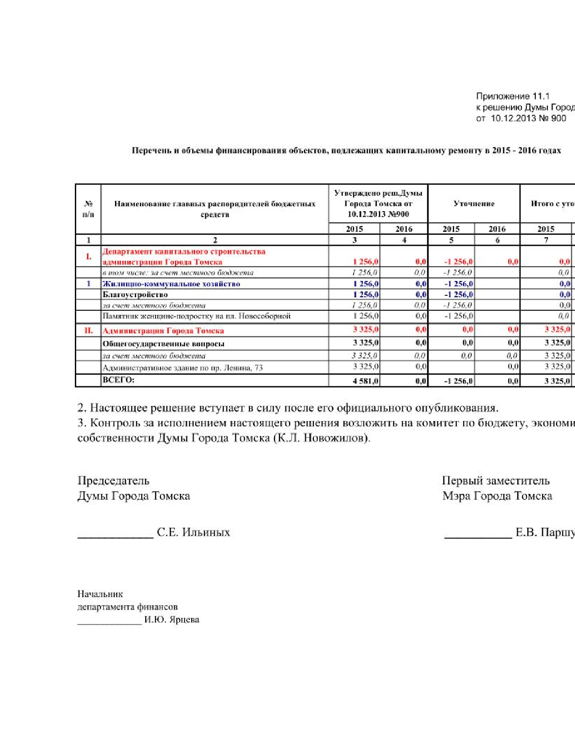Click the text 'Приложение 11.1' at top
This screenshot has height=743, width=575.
pos(513,96)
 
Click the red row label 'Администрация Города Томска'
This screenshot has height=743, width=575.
pos(163,331)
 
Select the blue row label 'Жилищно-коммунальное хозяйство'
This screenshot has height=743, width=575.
pos(171,284)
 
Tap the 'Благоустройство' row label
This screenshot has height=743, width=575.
pos(135,295)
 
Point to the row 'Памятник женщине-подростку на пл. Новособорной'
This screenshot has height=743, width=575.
pos(197,316)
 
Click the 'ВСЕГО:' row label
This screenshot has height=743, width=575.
pos(119,380)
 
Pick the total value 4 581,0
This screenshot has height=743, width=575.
pos(366,381)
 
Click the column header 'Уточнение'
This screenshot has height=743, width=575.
pos(474,204)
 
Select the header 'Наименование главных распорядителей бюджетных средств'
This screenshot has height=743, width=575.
pos(215,209)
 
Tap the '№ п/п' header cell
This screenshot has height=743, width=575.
pos(88,209)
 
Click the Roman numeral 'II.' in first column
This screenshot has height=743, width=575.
pos(88,331)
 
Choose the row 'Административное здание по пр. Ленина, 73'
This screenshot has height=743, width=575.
pos(183,368)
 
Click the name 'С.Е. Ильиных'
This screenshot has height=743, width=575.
pos(193,532)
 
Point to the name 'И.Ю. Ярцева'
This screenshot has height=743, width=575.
pos(172,620)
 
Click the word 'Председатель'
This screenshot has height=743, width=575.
pos(113,480)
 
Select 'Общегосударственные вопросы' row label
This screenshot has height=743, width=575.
pos(163,344)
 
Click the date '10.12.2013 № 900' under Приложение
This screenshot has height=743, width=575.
pos(528,118)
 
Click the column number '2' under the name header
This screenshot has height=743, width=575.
pos(215,240)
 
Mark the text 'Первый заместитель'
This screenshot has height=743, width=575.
pos(496,480)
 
